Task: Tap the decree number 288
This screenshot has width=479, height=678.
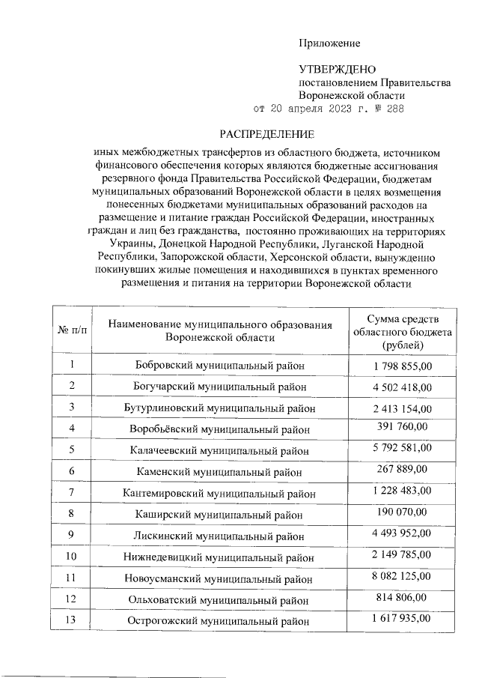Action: (x=395, y=109)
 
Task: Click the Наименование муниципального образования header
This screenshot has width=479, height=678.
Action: (x=219, y=331)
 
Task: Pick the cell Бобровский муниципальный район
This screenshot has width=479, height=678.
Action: (x=219, y=366)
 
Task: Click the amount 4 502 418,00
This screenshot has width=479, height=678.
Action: (x=401, y=386)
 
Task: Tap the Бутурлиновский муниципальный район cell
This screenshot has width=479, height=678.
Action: (x=219, y=408)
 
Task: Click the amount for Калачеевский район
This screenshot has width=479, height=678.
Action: (x=401, y=449)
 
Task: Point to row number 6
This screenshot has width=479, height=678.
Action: (x=73, y=471)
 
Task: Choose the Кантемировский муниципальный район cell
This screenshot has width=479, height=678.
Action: (x=219, y=494)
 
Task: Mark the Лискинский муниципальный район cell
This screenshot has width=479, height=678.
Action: (x=219, y=536)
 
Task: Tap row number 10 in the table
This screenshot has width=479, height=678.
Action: (x=73, y=557)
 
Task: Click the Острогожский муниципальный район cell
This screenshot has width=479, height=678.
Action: (x=219, y=621)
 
